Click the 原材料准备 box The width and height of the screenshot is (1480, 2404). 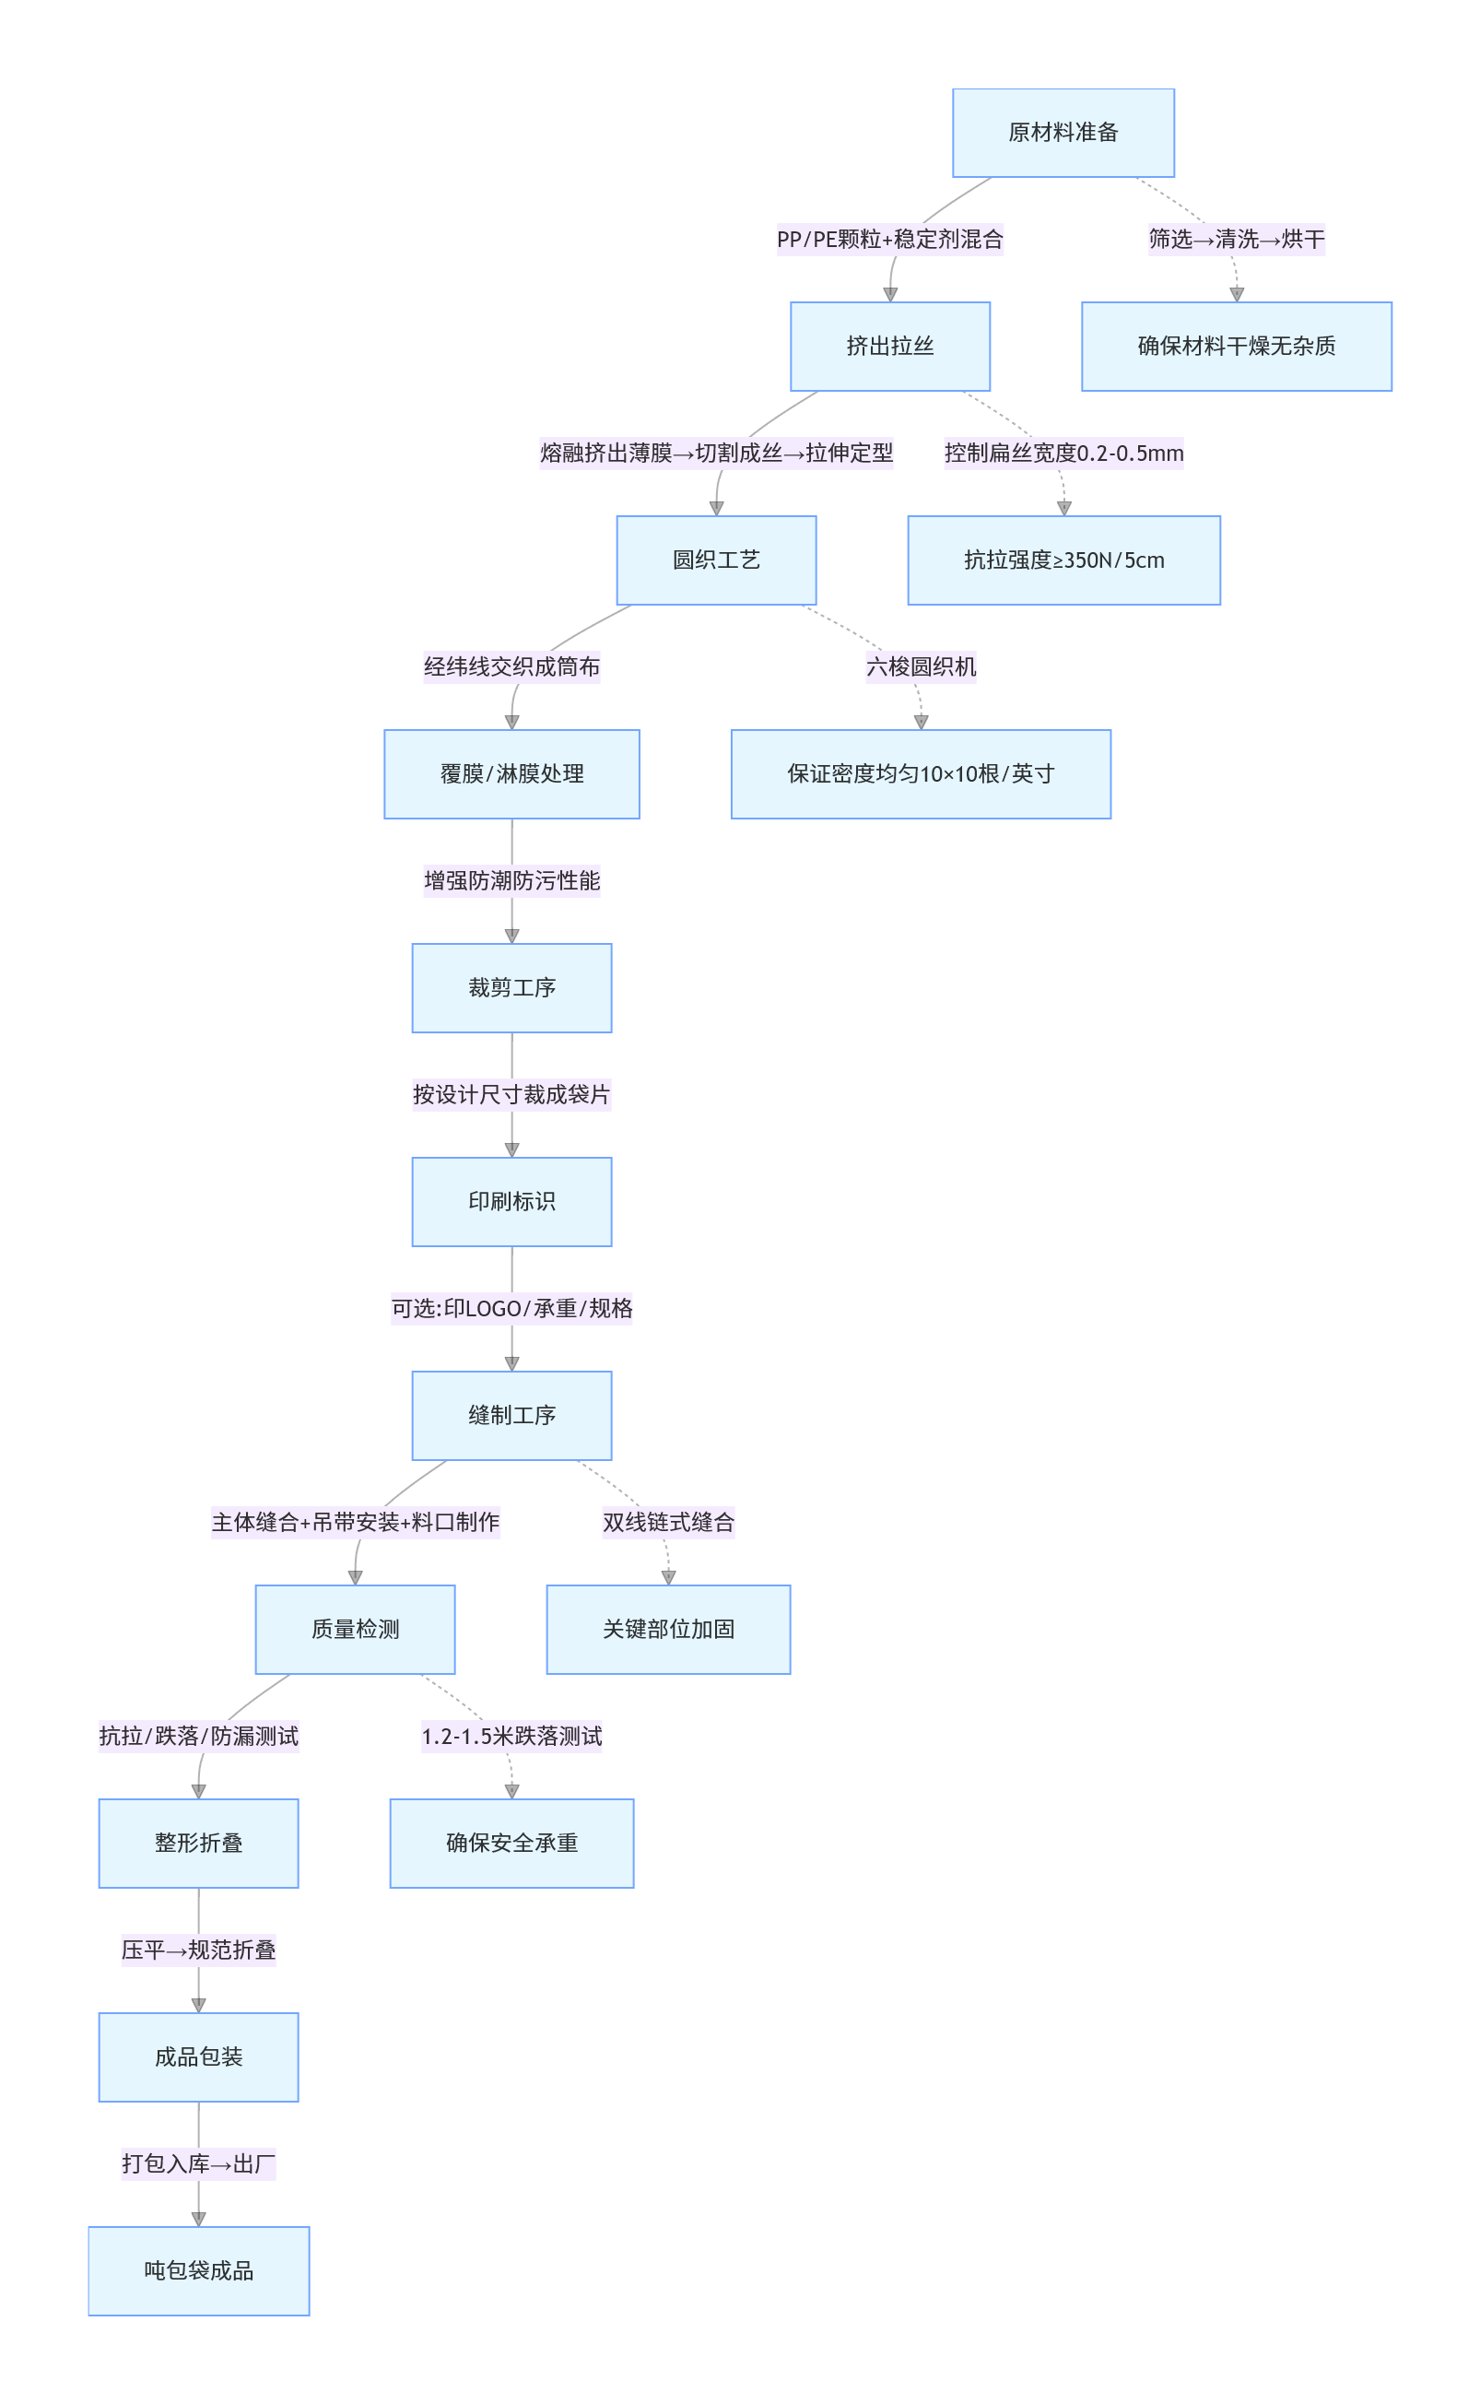tap(1063, 133)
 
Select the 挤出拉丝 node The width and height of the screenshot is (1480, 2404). tap(890, 347)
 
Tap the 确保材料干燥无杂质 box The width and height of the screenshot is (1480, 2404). tap(1237, 347)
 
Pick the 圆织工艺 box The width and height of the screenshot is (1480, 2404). tap(717, 560)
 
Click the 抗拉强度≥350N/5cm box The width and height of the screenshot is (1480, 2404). tap(1064, 560)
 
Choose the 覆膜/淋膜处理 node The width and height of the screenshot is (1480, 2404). tap(512, 774)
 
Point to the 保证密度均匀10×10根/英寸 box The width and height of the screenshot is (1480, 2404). tap(922, 774)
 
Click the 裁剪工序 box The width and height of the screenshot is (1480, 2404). tap(512, 987)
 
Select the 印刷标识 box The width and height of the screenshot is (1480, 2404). tap(512, 1202)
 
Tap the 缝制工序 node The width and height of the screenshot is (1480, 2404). tap(512, 1415)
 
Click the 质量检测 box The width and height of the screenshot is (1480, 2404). tap(356, 1630)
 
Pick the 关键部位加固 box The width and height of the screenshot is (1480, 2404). tap(668, 1630)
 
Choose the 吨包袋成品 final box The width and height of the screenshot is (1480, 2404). tap(199, 2271)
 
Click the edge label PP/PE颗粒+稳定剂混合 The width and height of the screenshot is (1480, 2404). tap(890, 239)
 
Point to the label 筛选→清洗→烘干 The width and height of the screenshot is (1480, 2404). tap(1237, 239)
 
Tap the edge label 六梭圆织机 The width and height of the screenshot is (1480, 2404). tap(922, 666)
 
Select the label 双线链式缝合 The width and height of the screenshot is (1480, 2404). tap(668, 1522)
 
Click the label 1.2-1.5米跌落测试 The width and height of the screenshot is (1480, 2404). tap(512, 1737)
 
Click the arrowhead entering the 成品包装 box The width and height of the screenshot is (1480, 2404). tap(199, 2006)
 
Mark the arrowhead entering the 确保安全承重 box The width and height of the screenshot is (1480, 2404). tap(512, 1791)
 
